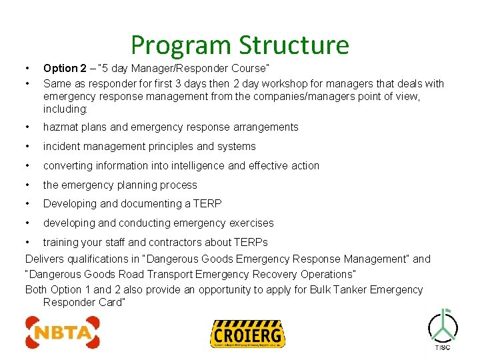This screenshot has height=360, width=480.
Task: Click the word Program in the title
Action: (181, 45)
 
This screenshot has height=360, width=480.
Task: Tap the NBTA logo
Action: (63, 332)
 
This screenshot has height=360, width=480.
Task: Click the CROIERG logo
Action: (247, 334)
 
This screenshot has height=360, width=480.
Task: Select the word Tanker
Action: (342, 289)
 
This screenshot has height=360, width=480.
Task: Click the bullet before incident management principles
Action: (27, 147)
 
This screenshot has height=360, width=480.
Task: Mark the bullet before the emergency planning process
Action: (27, 185)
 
